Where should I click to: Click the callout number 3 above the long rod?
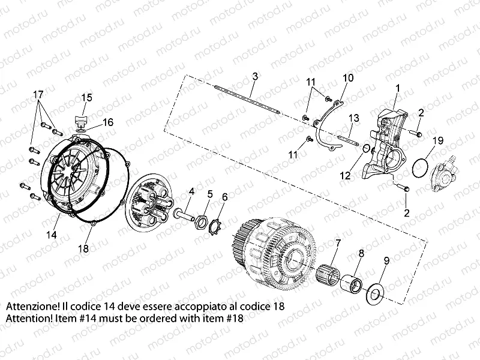pos(255,76)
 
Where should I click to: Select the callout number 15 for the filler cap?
pos(86,97)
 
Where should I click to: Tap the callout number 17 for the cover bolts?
pos(38,94)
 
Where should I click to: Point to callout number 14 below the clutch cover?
pos(53,236)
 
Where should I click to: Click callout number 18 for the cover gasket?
pos(83,247)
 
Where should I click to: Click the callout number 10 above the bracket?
pos(348,78)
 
